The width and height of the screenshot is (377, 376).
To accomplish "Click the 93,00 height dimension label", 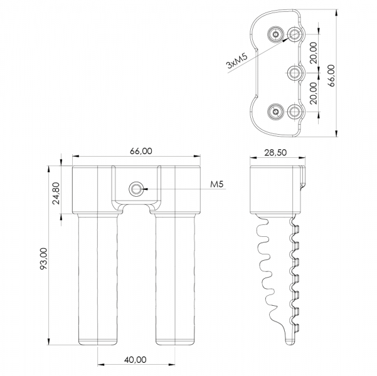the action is coord(44,258).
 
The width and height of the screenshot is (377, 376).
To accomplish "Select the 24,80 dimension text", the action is coord(56,193).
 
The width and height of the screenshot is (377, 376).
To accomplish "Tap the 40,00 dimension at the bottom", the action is coord(135,360).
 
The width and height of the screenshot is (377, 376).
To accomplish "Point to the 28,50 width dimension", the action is coord(275,152).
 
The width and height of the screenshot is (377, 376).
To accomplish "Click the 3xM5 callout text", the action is coord(237,61).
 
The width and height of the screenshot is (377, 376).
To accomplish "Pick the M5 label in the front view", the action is coord(217,184).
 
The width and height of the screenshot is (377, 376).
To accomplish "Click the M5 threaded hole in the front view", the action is coord(136,189).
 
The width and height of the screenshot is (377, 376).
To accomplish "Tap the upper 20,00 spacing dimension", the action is coord(314,53).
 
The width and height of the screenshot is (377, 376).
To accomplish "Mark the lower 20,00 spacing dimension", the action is coord(314,93).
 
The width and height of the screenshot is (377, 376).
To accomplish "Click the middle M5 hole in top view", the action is coord(295,73).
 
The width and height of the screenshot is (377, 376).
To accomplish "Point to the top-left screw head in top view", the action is coord(276,34).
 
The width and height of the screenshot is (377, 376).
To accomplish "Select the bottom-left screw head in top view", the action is coord(276,112).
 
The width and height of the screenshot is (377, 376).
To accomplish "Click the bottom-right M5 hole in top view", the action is coord(295,112).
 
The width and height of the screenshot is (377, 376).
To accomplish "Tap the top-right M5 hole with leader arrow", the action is coord(295,34).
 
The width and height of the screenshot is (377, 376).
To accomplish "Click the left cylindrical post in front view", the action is coord(98,279).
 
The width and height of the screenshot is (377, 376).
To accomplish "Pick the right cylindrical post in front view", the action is coord(175,279).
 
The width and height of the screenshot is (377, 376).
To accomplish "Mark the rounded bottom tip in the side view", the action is coord(290,342).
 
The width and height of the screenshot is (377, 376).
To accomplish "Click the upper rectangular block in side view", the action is coord(275,190).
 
